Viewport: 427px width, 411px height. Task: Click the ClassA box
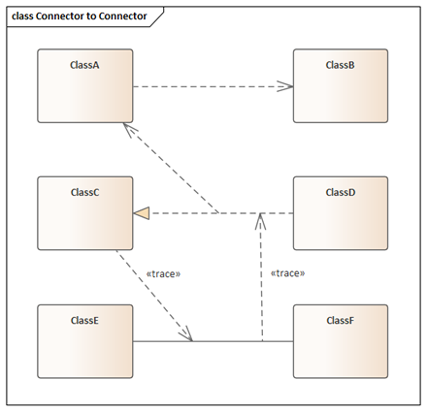[x=85, y=85]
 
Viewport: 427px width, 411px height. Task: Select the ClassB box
[x=341, y=85]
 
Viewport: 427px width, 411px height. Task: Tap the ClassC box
[x=85, y=213]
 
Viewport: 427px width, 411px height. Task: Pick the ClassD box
[x=341, y=213]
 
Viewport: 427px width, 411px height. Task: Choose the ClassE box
[x=85, y=341]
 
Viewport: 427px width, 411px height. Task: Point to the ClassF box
[x=341, y=341]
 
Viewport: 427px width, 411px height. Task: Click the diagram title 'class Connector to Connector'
[x=80, y=16]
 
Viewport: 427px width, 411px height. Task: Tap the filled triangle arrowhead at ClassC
[x=142, y=213]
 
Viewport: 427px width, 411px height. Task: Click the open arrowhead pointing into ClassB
[x=285, y=86]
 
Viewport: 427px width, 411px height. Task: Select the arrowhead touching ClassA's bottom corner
[x=130, y=129]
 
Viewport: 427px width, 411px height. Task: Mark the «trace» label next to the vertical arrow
[x=287, y=273]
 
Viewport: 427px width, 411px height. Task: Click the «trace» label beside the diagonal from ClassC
[x=163, y=274]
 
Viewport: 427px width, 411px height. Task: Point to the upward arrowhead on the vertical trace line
[x=260, y=221]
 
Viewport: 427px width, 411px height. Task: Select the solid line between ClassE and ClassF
[x=213, y=341]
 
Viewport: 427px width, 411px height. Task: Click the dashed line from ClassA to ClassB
[x=213, y=86]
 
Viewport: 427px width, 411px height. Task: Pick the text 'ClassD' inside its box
[x=341, y=192]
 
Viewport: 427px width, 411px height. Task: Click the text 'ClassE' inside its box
[x=84, y=320]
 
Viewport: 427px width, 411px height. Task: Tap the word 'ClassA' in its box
[x=84, y=65]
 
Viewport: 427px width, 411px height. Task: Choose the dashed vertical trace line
[x=261, y=277]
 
